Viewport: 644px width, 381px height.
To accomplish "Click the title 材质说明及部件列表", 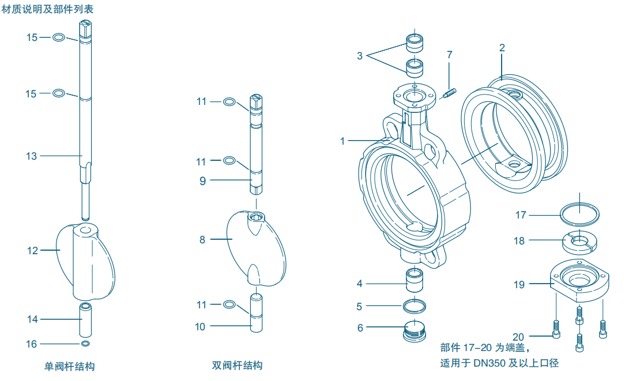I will tap(47, 9).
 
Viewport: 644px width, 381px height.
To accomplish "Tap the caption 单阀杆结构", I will tap(69, 366).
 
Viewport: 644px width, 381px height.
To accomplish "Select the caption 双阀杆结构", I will tap(237, 365).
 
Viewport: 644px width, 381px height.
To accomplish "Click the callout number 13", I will tap(31, 156).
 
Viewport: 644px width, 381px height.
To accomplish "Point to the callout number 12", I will tap(32, 250).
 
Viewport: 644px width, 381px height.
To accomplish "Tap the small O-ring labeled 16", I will tap(85, 344).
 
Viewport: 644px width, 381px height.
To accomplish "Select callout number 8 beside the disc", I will tap(202, 239).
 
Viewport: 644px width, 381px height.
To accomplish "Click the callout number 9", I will tap(202, 181).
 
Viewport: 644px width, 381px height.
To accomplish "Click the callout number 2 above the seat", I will tap(502, 48).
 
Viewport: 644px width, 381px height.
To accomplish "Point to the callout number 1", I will tap(342, 141).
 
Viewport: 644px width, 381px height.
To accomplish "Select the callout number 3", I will tap(360, 56).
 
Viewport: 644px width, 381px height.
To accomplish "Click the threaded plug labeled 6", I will tap(415, 330).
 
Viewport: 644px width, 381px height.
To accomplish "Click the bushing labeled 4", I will tap(415, 280).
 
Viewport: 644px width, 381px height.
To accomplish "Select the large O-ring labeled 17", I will tap(580, 214).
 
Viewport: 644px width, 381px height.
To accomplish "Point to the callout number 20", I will tap(518, 337).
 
